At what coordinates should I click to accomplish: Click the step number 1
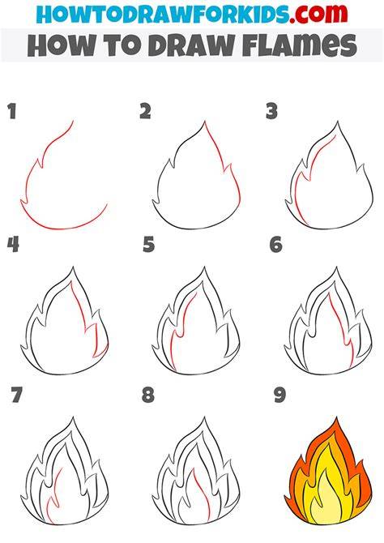pos(12,112)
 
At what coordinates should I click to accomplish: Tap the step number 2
pos(146,111)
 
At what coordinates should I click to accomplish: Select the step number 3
pos(272,112)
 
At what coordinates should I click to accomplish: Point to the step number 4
pos(13,244)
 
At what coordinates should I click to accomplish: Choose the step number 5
pos(148,244)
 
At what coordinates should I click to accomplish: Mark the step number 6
pos(276,244)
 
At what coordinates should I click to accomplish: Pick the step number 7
pos(16,395)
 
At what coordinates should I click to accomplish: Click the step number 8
pos(148,395)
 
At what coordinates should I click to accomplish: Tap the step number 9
pos(279,395)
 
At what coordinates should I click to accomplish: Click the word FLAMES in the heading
pos(300,45)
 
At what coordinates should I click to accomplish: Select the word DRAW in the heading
pos(192,45)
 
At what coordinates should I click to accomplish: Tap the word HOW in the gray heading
pos(61,45)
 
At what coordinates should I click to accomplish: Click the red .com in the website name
pos(318,14)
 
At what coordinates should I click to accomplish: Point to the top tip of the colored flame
pos(336,417)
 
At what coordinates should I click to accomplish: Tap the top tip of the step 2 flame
pos(205,121)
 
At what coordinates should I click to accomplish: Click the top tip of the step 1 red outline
pos(73,121)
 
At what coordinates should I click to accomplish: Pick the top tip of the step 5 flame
pos(204,267)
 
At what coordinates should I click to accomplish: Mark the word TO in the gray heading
pos(122,45)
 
